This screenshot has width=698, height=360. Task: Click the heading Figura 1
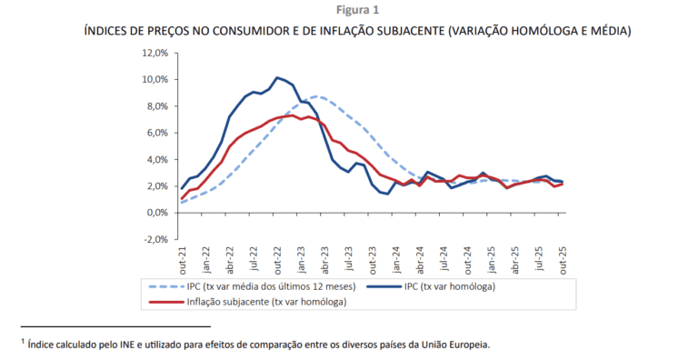(x=357, y=10)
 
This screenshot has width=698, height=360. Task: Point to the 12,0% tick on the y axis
(x=155, y=53)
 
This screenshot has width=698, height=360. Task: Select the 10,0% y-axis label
(x=155, y=80)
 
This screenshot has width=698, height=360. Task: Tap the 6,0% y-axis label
(x=156, y=133)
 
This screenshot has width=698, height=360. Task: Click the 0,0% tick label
(x=156, y=213)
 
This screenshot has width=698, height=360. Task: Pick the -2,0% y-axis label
(x=155, y=239)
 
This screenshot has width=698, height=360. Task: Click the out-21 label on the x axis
(x=183, y=261)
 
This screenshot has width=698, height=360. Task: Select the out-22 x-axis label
(x=278, y=261)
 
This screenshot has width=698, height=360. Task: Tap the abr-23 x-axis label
(x=325, y=261)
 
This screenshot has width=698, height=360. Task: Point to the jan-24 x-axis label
(x=397, y=260)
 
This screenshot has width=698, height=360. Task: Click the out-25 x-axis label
(x=563, y=261)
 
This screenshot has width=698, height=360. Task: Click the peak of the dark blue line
(x=277, y=77)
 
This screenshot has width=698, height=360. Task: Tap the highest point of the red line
(x=293, y=115)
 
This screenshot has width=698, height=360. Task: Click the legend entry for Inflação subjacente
(x=247, y=302)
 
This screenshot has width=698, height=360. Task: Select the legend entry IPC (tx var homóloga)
(x=431, y=286)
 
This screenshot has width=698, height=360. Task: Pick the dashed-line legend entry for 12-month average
(x=252, y=286)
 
